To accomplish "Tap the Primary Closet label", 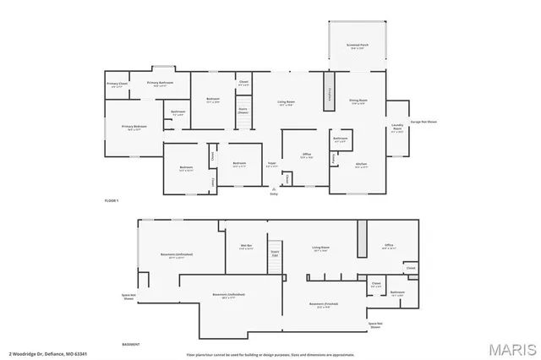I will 117,85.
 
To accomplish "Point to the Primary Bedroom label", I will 134,128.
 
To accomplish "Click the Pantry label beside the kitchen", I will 333,157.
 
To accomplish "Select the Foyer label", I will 272,164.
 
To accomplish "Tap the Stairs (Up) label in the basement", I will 275,253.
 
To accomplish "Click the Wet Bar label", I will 247,247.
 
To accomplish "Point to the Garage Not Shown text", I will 424,122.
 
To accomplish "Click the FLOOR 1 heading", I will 112,200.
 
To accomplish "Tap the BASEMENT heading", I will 131,345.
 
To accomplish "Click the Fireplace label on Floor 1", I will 325,95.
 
